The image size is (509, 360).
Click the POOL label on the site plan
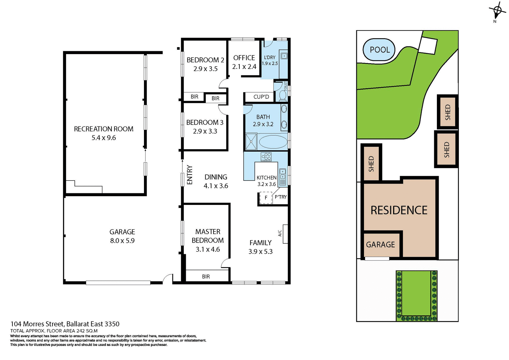[380, 50]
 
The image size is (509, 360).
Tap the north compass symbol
[497, 11]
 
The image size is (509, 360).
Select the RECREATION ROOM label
[104, 129]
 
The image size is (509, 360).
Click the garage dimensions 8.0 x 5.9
[122, 241]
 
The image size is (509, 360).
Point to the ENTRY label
[190, 175]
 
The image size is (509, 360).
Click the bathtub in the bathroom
[273, 142]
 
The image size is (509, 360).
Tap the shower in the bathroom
[251, 142]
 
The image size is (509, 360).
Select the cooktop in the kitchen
[266, 157]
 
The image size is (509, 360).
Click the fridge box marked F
[266, 198]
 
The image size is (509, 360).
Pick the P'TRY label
[280, 197]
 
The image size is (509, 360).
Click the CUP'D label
[261, 97]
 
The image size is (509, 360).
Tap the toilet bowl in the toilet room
[282, 95]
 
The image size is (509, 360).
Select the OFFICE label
[244, 58]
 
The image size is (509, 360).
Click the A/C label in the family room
[280, 233]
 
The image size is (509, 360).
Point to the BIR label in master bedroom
[206, 276]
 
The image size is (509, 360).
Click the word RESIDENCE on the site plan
[399, 210]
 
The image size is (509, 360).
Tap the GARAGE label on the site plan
[380, 244]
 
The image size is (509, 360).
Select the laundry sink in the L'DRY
[284, 56]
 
